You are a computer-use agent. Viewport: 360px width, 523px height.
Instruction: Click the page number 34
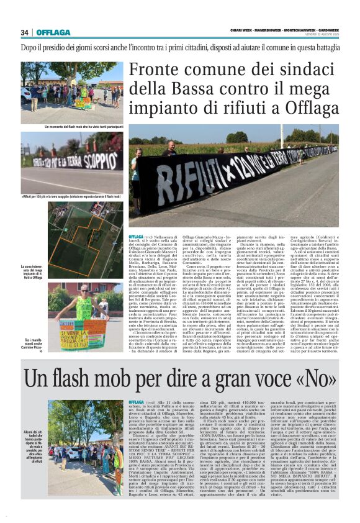coord(25,32)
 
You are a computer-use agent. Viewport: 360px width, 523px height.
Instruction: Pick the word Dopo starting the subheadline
coord(31,47)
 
